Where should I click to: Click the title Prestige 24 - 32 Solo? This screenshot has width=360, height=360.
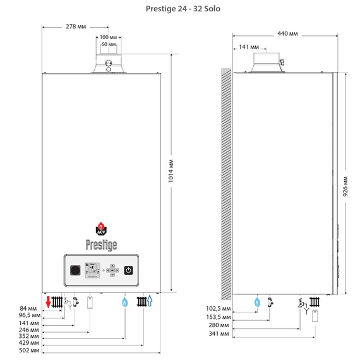point(183,9)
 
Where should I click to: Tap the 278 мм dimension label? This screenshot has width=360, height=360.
point(76,27)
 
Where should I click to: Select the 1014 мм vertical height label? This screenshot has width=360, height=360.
point(171,171)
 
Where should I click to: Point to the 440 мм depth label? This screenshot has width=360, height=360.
point(287,33)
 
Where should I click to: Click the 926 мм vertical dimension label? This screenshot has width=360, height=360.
point(345,186)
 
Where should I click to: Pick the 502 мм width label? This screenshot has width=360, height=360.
point(29,351)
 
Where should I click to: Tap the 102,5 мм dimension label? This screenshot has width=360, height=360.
point(218,308)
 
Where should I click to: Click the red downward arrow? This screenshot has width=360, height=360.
point(48,302)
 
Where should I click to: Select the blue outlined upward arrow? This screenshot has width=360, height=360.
point(150,301)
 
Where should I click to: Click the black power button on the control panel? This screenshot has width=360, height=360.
point(128,270)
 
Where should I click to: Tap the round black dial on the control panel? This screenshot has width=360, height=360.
point(75,270)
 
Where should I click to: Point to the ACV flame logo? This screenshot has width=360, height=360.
point(101,229)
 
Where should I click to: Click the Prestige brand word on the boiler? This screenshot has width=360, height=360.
point(101,245)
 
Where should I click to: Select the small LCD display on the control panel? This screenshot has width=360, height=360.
point(92,270)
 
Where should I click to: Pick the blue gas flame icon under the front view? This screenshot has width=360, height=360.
point(125,302)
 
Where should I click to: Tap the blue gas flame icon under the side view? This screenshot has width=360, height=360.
point(257,302)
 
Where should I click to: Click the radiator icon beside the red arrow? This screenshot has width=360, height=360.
point(57,302)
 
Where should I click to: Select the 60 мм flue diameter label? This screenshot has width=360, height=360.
point(109,44)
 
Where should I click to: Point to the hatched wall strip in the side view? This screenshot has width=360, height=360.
point(226,184)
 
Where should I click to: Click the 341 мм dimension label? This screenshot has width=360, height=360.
point(219,333)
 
